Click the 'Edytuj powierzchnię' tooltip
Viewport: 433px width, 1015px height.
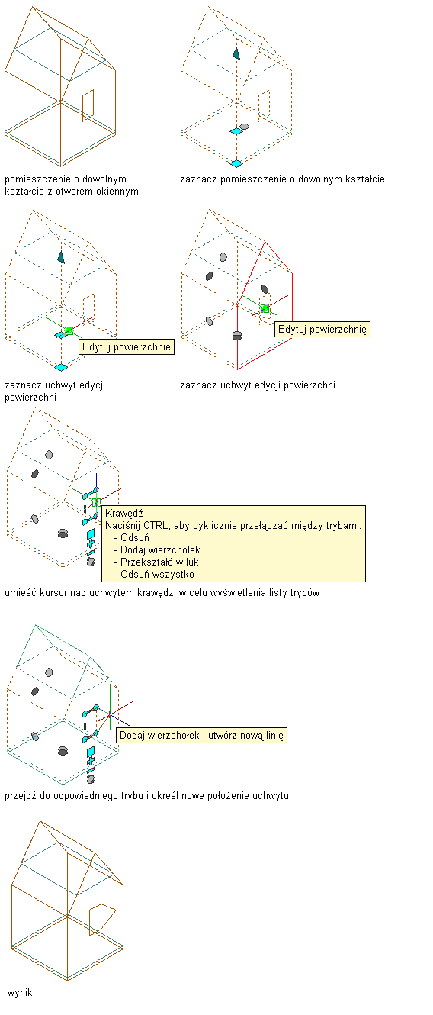click(x=322, y=329)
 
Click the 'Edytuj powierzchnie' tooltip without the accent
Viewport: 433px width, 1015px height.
click(x=127, y=346)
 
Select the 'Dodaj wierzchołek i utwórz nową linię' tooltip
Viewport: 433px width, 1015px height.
click(x=201, y=735)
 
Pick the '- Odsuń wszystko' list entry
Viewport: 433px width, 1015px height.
click(x=154, y=574)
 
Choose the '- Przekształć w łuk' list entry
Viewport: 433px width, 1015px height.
click(x=156, y=562)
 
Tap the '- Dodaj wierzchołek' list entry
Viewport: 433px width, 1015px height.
click(x=156, y=549)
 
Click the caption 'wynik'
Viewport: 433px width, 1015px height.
click(x=20, y=992)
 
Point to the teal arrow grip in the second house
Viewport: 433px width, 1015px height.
click(x=236, y=53)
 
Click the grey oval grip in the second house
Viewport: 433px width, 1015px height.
click(x=245, y=127)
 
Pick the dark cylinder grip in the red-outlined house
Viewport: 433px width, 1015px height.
click(x=237, y=335)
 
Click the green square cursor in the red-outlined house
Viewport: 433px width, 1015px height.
click(x=265, y=308)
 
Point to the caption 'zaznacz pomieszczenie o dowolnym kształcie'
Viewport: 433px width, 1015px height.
click(x=282, y=179)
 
